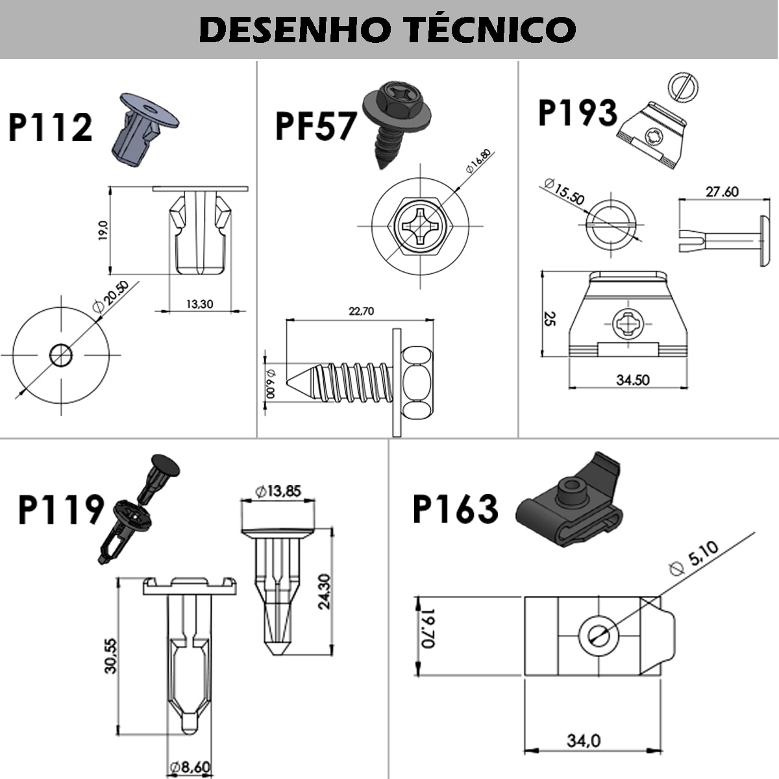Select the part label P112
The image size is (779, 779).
[51, 127]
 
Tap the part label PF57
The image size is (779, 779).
[316, 126]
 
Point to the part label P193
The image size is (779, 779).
[577, 113]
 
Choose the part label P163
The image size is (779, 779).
[456, 508]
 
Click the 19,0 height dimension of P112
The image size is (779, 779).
[103, 230]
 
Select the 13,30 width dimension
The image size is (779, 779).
[199, 303]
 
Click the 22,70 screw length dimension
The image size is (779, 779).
[361, 311]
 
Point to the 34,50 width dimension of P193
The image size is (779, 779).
[632, 380]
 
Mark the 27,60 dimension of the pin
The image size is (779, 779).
[722, 192]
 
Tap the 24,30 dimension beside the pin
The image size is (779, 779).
[324, 591]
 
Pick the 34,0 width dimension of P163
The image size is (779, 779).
[584, 740]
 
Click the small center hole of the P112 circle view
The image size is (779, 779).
[61, 354]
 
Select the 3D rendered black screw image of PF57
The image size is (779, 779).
[393, 120]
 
